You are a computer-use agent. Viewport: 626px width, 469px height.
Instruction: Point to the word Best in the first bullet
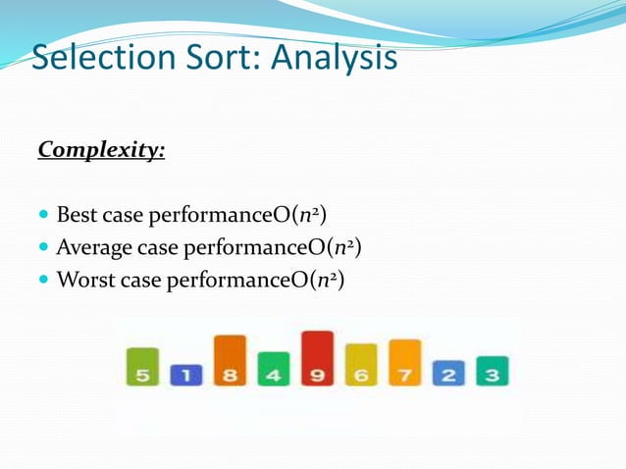[77, 214]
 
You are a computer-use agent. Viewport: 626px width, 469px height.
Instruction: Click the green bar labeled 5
[142, 367]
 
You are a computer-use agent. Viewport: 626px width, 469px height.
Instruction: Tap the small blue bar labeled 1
[185, 375]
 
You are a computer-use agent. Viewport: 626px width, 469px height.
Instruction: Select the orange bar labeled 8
[230, 361]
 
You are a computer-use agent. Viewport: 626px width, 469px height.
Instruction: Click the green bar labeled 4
[274, 369]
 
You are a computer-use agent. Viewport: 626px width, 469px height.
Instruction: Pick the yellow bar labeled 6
[361, 365]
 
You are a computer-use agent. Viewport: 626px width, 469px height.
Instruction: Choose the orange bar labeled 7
[404, 363]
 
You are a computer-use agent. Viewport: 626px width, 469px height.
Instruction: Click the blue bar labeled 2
[448, 372]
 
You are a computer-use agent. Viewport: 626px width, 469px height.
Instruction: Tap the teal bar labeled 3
[492, 371]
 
